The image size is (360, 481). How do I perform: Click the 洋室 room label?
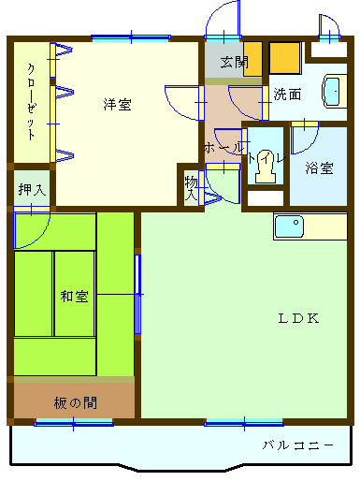(x=117, y=104)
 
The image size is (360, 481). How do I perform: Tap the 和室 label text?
(x=74, y=297)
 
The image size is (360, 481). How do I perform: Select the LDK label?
(x=298, y=317)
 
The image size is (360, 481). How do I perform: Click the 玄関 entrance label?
(x=235, y=64)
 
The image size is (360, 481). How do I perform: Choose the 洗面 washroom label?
(x=287, y=94)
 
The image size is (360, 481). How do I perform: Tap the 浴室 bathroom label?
(x=319, y=168)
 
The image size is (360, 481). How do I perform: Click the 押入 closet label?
(x=31, y=188)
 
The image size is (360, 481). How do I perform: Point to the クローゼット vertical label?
(x=31, y=101)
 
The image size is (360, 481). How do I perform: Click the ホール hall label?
(x=223, y=148)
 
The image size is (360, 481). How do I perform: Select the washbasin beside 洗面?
(x=331, y=93)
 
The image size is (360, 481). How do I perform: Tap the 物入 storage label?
(x=192, y=187)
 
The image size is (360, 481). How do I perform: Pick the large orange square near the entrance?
(x=284, y=57)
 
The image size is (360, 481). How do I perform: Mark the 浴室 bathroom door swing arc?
(x=304, y=140)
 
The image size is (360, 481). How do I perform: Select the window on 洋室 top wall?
(x=131, y=38)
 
